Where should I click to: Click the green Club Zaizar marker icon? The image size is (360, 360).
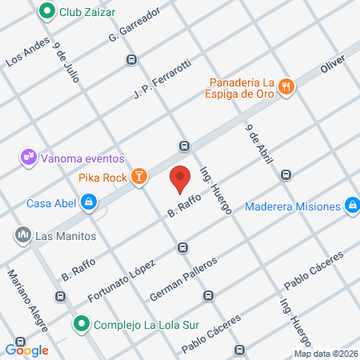tap(47, 12)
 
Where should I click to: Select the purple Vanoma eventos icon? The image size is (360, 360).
tap(29, 157)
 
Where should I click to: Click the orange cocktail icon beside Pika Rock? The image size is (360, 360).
tap(139, 177)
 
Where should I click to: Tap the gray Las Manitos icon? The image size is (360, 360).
tap(22, 236)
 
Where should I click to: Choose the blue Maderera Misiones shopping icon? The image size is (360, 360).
tap(350, 206)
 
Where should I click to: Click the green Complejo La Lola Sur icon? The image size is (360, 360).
tap(81, 325)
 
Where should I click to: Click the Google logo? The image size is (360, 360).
tap(27, 350)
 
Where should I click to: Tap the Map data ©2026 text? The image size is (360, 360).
tap(326, 354)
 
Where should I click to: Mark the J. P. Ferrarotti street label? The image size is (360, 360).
tap(162, 81)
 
